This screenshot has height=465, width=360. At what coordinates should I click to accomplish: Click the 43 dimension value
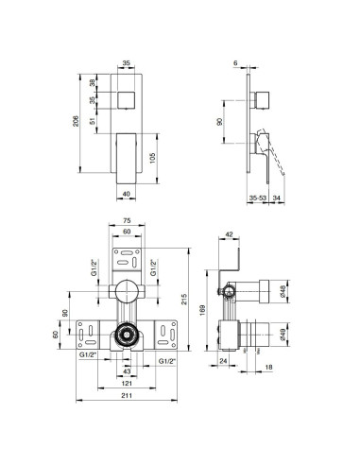click(128, 370)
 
